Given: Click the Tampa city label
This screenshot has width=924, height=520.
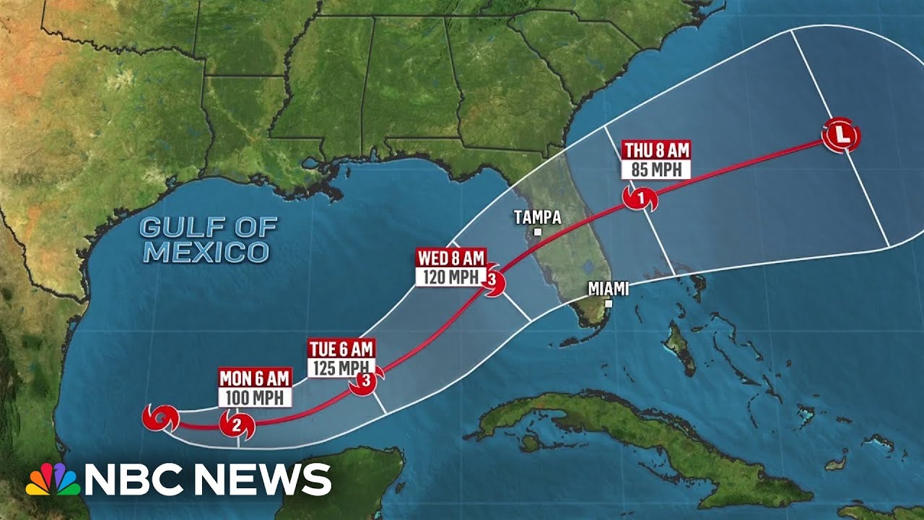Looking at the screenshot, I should click(536, 217).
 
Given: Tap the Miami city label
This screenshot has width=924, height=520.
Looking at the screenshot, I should click(608, 289).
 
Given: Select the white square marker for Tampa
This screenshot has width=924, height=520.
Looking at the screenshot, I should click(537, 232).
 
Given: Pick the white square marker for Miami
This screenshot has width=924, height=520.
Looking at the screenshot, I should click(609, 304).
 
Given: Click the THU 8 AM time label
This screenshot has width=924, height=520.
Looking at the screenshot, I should click(657, 151).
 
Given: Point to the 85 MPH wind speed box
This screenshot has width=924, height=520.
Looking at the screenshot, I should click(657, 170).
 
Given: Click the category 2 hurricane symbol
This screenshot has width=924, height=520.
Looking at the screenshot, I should click(237, 425).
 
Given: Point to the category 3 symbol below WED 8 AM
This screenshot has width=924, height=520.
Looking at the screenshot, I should click(492, 280).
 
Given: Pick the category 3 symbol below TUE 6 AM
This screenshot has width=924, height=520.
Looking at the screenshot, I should click(365, 382).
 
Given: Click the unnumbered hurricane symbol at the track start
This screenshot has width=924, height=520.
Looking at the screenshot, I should click(160, 417).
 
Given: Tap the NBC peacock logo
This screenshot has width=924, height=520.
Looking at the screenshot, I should click(53, 479).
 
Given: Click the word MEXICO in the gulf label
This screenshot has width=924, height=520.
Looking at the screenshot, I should click(206, 252).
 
